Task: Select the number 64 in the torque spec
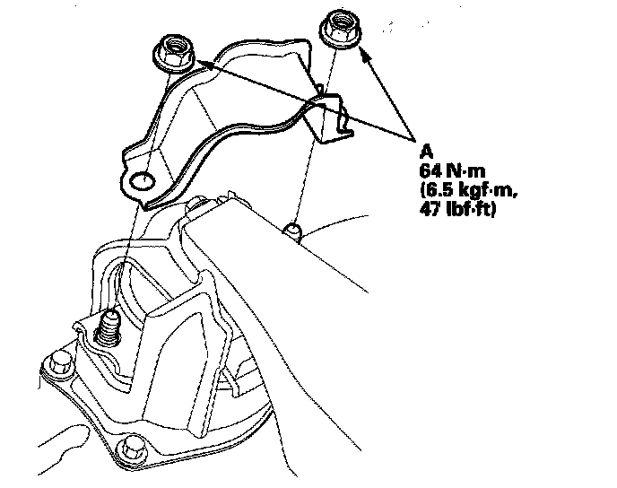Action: [x=429, y=169]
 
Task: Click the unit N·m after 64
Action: [x=462, y=169]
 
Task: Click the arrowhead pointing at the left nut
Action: [x=201, y=63]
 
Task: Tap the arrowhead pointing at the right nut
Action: [x=364, y=51]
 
